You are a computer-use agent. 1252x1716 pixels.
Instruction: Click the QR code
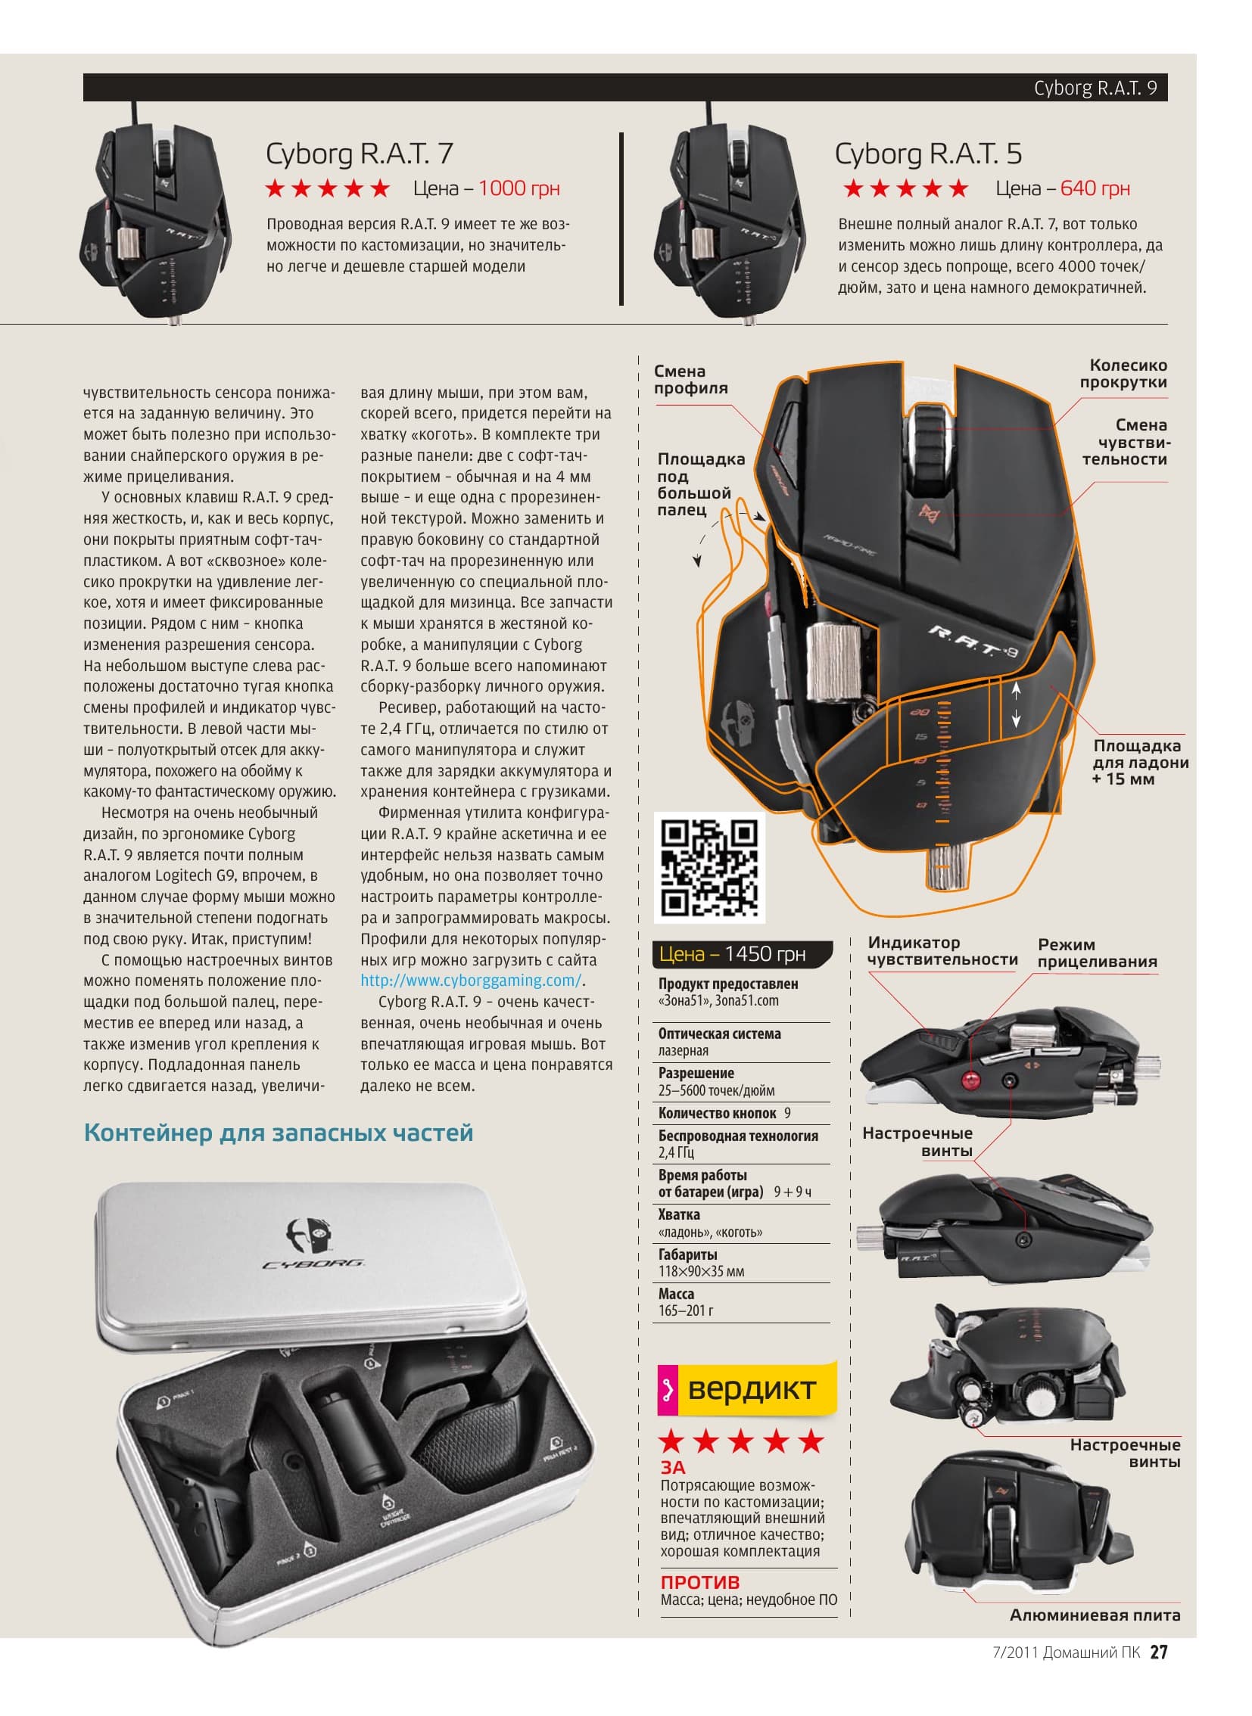(709, 868)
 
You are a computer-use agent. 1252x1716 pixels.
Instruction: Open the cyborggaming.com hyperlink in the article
(471, 981)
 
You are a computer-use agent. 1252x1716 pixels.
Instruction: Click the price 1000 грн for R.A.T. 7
(519, 188)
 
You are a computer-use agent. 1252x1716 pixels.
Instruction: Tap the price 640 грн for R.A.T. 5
(1095, 188)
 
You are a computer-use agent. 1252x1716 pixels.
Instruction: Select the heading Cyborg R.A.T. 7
(360, 154)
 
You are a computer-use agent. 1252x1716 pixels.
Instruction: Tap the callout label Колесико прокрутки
(1124, 374)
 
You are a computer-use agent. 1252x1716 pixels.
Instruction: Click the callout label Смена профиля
(691, 380)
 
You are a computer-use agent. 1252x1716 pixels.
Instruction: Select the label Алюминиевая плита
(1095, 1615)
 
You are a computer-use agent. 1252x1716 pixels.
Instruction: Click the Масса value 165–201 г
(686, 1310)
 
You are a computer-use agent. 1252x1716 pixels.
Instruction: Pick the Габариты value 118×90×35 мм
(701, 1271)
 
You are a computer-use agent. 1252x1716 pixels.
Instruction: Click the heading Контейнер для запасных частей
(278, 1133)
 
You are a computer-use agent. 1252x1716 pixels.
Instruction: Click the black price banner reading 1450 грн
(742, 954)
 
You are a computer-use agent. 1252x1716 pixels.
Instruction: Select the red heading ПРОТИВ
(699, 1582)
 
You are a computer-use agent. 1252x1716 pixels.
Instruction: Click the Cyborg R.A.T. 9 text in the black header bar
(1095, 88)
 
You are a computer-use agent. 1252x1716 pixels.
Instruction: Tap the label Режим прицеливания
(1098, 953)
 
